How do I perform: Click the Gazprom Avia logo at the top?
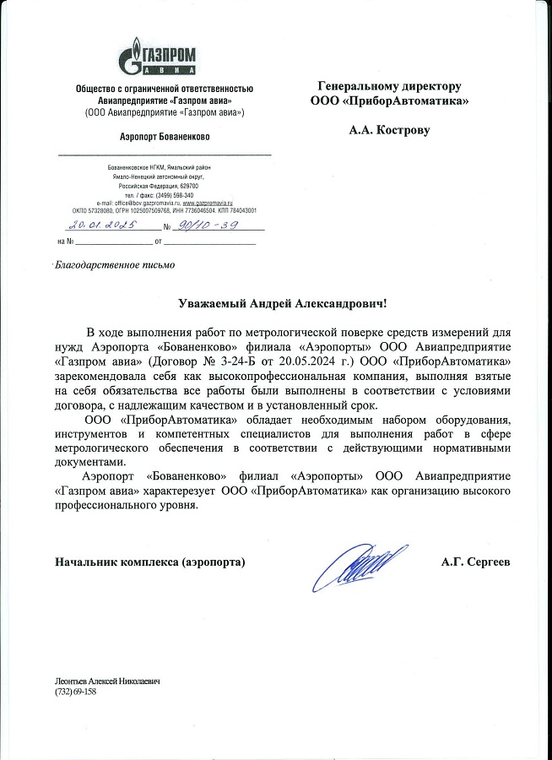click(165, 56)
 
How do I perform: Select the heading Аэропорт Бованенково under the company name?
click(165, 136)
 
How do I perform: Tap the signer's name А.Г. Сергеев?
click(476, 562)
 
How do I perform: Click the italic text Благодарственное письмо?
click(115, 265)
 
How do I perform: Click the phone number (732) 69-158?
click(76, 692)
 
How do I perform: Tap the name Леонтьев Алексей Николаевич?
click(107, 681)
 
